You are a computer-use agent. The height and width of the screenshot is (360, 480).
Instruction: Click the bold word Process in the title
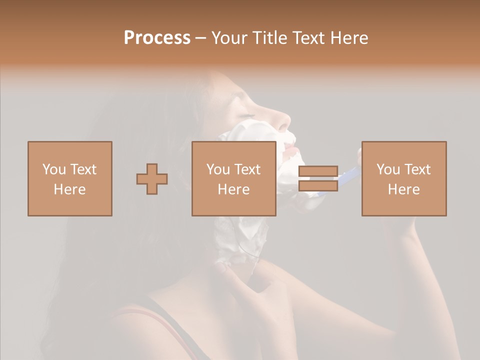[157, 38]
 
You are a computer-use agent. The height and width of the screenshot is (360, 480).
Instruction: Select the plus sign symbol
[152, 178]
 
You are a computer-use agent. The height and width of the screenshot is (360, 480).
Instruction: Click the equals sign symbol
[318, 178]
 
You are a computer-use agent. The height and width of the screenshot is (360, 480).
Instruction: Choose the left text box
[69, 178]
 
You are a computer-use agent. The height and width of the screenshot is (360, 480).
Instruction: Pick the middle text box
[233, 178]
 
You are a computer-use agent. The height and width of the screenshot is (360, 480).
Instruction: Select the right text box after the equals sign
[403, 178]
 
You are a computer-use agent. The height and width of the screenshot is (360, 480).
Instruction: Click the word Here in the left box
[69, 189]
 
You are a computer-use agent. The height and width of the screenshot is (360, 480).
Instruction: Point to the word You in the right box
[388, 169]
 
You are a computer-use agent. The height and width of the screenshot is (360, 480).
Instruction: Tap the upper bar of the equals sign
[318, 171]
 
